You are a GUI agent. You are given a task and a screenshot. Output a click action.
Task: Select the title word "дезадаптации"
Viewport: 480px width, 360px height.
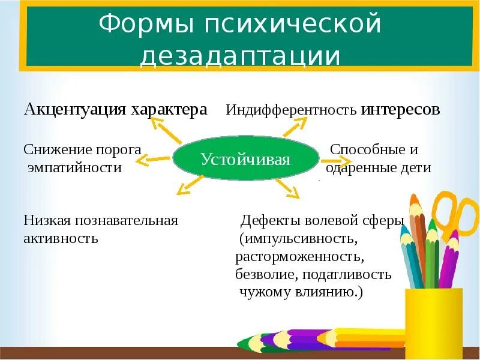240,56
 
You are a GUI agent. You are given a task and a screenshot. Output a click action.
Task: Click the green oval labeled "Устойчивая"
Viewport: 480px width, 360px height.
245,160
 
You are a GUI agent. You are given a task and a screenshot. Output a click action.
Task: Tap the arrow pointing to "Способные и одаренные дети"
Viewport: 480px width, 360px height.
335,161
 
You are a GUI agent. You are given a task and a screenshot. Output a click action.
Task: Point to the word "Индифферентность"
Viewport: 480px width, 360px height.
292,110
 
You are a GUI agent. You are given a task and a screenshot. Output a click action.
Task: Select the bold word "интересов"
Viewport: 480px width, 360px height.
401,110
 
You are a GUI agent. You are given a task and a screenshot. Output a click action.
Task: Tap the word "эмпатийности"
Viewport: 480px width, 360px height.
75,168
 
